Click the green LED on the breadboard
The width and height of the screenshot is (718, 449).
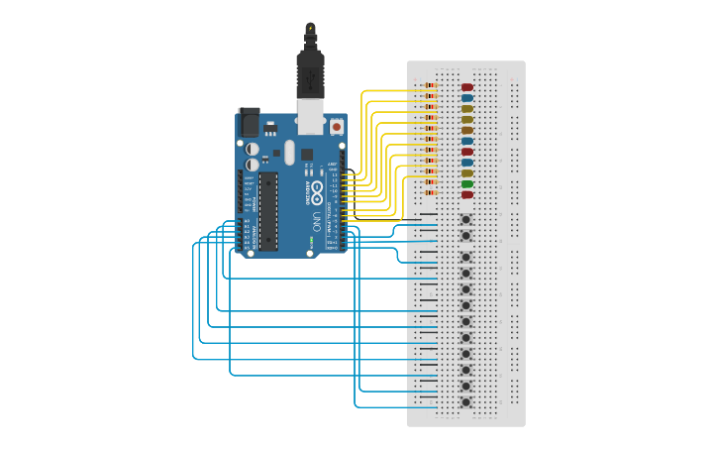pos(467,184)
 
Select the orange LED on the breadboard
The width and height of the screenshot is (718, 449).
pos(467,130)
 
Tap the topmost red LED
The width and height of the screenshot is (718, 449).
pos(467,88)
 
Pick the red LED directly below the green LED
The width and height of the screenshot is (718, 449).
pos(467,195)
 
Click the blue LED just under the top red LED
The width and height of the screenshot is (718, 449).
pos(467,99)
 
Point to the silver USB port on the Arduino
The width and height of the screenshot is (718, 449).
pos(311,116)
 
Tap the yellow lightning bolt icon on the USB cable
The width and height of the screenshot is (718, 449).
pos(311,28)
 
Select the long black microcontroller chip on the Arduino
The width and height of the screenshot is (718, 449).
pos(268,211)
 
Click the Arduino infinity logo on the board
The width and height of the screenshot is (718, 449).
pos(317,187)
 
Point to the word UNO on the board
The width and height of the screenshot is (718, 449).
pos(317,219)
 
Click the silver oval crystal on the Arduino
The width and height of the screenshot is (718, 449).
pos(289,152)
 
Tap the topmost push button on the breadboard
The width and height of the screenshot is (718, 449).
pos(465,219)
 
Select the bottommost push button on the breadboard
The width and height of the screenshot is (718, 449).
pos(465,401)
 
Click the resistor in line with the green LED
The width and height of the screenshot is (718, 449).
pos(431,184)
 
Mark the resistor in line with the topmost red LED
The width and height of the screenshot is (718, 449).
pos(431,88)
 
